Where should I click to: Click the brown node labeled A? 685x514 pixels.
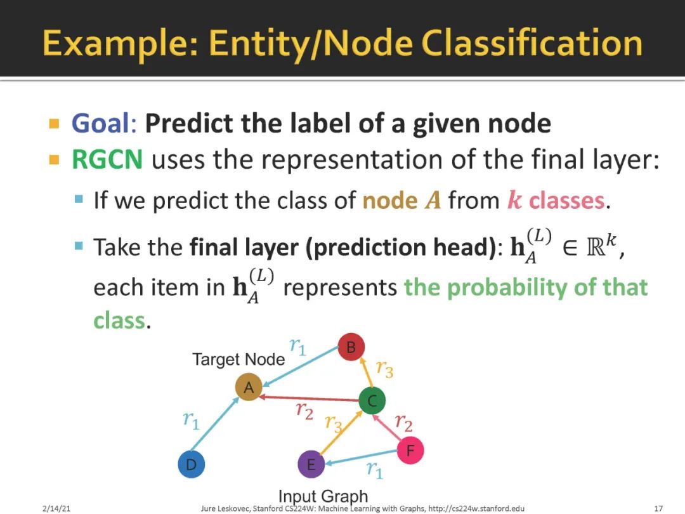pos(249,387)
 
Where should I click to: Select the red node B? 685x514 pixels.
pos(351,347)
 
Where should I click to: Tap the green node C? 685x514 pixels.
pos(372,400)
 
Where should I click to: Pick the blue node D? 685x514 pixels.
pos(192,464)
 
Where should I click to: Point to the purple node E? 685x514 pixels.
pos(311,464)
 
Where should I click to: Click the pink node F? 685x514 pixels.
pos(410,450)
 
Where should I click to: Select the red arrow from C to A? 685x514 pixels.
pos(310,399)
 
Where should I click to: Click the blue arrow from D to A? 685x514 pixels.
pos(215,424)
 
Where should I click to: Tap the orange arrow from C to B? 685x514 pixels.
pos(367,373)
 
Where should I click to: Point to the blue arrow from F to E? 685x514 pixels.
pos(361,456)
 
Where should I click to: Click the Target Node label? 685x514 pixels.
pos(238,359)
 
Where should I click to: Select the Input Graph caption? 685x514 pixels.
pos(323,496)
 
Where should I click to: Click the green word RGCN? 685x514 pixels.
pos(107,159)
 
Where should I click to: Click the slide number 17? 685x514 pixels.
pos(658,508)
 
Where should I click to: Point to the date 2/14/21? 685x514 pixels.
pos(56,508)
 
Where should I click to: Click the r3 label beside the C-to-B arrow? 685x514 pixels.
pos(384,369)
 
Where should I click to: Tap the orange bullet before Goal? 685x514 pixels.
pos(54,124)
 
